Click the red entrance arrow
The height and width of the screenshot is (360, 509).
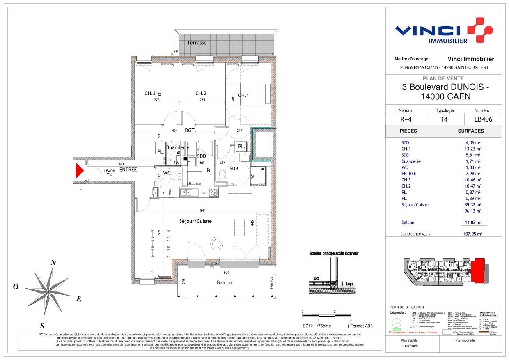click(78, 170)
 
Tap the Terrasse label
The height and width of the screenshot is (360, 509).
click(197, 43)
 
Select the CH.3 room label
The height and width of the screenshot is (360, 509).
click(150, 93)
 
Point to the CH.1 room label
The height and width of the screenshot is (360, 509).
click(244, 96)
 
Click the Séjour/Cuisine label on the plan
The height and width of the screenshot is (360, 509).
click(195, 221)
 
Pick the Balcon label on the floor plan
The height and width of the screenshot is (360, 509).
click(224, 282)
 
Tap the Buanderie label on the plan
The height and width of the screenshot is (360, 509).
click(178, 147)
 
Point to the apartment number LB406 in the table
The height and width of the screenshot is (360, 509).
click(483, 119)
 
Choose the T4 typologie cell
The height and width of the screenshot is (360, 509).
click(444, 119)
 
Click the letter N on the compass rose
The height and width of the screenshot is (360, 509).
click(53, 264)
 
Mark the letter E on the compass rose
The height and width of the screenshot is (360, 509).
click(78, 299)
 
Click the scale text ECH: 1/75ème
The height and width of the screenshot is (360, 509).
click(316, 326)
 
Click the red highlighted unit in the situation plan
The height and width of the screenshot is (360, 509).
click(478, 271)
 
